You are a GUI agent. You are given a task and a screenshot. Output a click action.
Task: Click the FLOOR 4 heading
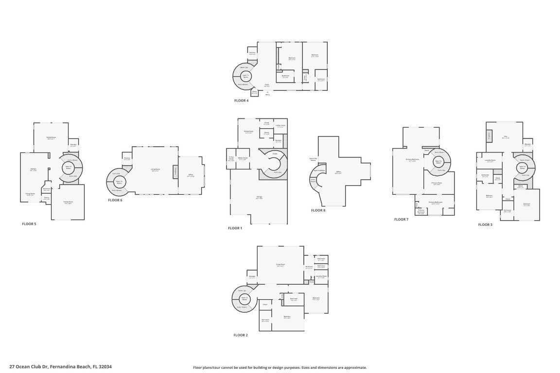point(241,101)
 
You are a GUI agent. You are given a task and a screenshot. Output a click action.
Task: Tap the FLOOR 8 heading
point(318,210)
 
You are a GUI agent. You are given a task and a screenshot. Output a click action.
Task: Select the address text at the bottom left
point(60,367)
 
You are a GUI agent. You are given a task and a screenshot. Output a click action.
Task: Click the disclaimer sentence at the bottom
point(280,368)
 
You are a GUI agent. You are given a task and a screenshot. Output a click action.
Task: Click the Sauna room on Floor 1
point(266,133)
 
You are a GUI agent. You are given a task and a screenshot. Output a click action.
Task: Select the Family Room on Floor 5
point(68,203)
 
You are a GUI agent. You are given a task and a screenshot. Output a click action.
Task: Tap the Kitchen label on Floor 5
point(34,170)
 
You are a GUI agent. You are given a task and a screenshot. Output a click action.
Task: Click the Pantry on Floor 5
point(47,198)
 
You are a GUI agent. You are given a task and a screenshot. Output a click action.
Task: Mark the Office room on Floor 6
point(191,175)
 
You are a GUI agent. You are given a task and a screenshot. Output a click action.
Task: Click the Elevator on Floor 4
point(252,53)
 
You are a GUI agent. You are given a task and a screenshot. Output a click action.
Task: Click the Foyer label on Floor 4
point(267,85)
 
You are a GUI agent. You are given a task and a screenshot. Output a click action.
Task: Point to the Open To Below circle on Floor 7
point(438,162)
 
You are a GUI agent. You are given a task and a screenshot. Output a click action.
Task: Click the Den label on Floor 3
point(505,137)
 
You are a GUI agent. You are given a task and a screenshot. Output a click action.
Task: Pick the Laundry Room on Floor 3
point(490,161)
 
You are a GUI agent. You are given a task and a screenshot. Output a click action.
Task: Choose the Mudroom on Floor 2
point(252,277)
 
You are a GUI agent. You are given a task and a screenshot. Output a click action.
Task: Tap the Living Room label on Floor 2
point(280,265)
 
